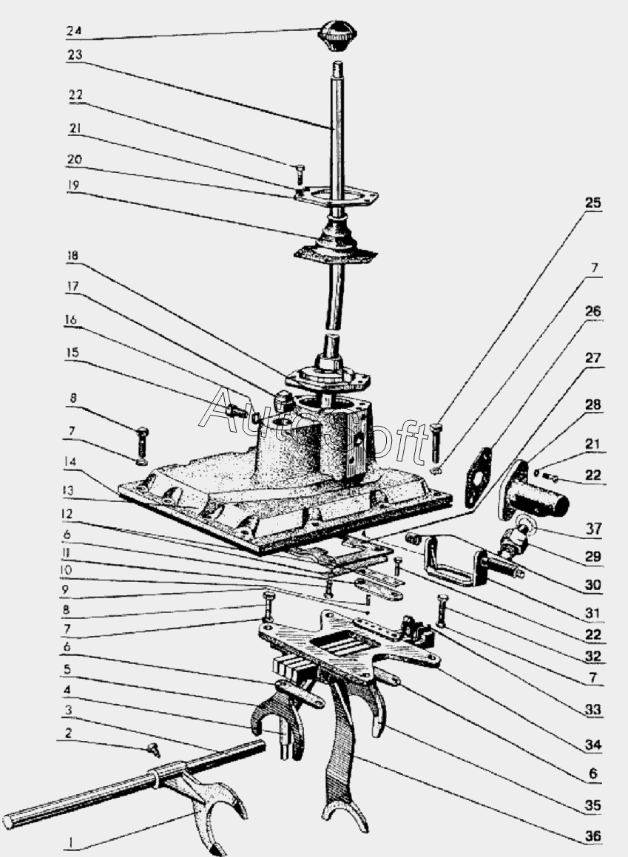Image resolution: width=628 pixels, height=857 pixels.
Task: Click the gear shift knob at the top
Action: pyautogui.click(x=338, y=35)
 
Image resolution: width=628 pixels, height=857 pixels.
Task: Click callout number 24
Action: pyautogui.click(x=74, y=32)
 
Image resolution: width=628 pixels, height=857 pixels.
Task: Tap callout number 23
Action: pyautogui.click(x=74, y=55)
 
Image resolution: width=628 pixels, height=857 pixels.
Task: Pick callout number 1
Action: pyautogui.click(x=70, y=841)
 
